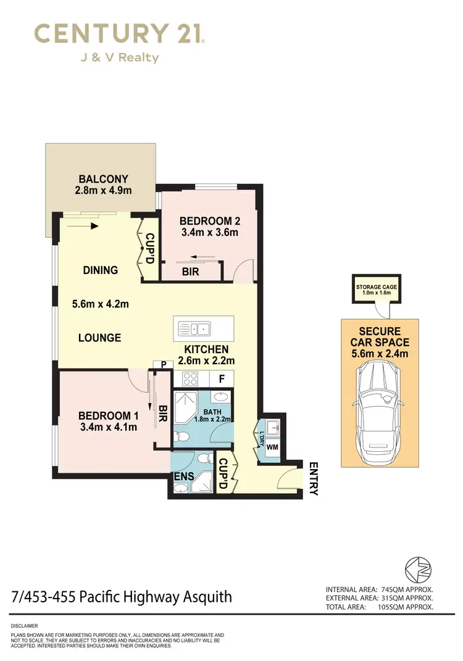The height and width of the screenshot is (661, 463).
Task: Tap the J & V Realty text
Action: (x=119, y=58)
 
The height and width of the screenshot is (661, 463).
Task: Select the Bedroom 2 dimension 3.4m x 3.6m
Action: (x=209, y=233)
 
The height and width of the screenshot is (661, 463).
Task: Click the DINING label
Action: (x=100, y=270)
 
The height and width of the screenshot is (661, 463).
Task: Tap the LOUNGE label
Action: (x=99, y=338)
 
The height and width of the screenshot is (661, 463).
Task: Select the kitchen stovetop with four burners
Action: (x=188, y=379)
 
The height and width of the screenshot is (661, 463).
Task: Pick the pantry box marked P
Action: (x=164, y=365)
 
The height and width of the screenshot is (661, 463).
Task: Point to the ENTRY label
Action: (x=312, y=479)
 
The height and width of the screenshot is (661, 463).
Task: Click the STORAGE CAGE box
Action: (x=375, y=290)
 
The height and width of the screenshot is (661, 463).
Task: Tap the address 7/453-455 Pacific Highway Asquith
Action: (x=122, y=597)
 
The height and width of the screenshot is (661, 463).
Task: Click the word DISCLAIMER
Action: (x=25, y=626)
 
